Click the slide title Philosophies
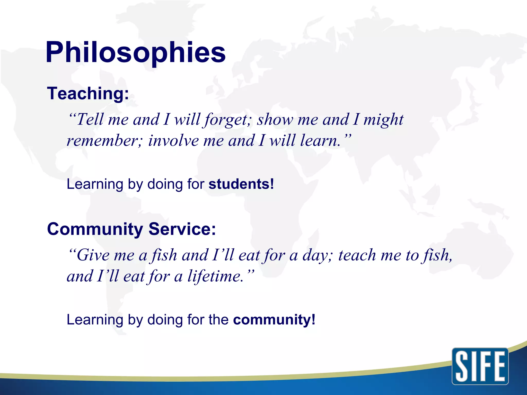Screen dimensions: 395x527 click(x=136, y=53)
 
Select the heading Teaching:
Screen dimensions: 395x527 click(x=88, y=93)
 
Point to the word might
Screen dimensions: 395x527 click(x=383, y=120)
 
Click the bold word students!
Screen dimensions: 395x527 click(x=241, y=184)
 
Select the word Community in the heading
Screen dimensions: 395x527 click(x=95, y=229)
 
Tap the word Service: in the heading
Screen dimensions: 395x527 click(x=182, y=229)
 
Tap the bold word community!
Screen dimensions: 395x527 click(x=274, y=320)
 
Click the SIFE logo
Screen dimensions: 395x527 click(x=480, y=366)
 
